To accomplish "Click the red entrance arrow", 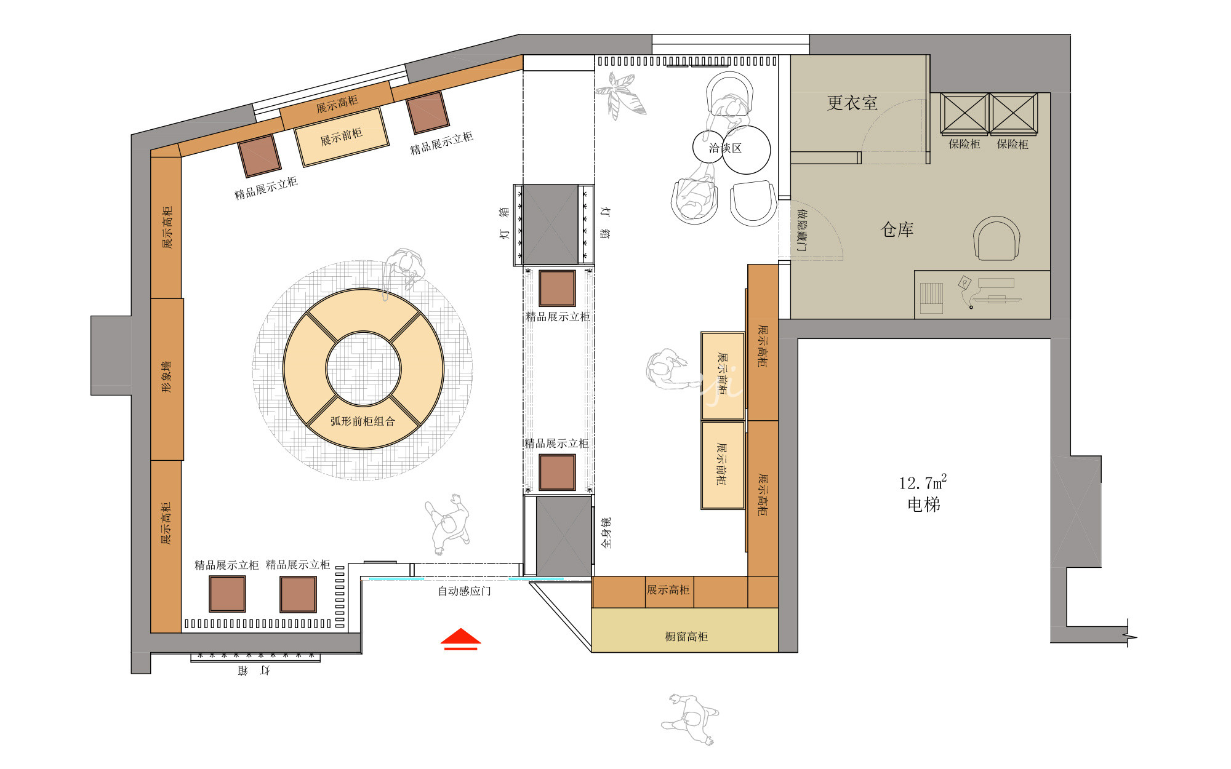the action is click(x=460, y=639).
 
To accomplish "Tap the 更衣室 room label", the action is click(x=852, y=103).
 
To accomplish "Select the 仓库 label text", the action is click(x=897, y=229).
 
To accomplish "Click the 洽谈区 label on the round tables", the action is click(x=725, y=148).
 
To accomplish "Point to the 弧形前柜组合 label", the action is click(x=363, y=421).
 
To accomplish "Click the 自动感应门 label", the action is click(x=464, y=591).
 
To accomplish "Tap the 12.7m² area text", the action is click(x=923, y=482).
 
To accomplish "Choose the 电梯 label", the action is click(x=924, y=504).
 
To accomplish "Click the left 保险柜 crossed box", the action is click(x=964, y=114).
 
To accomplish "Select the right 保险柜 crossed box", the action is click(x=1013, y=114).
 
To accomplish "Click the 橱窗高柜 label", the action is click(x=686, y=636).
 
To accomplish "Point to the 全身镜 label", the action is click(x=606, y=533).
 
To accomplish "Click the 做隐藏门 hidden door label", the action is click(x=801, y=229).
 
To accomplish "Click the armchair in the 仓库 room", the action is click(x=996, y=238).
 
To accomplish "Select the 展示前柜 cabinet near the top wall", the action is click(x=342, y=137).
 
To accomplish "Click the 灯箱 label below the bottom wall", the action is click(x=254, y=670).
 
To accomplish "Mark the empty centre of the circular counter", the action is click(x=363, y=369).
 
